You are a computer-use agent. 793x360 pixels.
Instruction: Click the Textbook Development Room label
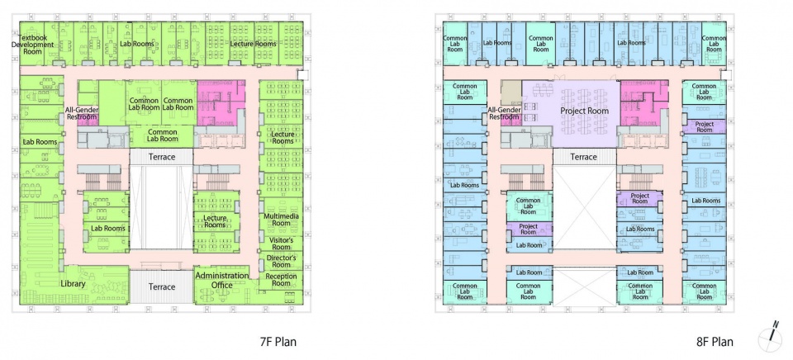coord(36,45)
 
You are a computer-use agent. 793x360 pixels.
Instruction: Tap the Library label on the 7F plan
coord(73,284)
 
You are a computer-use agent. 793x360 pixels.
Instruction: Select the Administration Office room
coord(222,285)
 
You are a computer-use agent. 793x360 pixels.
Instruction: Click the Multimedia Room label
coord(281,220)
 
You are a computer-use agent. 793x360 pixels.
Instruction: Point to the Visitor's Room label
coord(281,244)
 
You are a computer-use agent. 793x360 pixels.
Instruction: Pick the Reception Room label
coord(281,280)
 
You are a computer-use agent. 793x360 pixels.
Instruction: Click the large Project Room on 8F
coord(584,114)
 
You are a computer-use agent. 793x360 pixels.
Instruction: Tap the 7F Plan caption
coord(278,342)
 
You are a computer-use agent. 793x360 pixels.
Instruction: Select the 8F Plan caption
coord(715,342)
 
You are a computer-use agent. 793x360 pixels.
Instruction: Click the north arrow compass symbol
coord(770,337)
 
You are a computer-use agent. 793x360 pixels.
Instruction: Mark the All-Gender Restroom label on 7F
coord(81,113)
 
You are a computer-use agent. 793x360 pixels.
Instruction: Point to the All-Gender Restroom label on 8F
coord(504,113)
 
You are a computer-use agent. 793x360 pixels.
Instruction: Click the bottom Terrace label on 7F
coord(162,287)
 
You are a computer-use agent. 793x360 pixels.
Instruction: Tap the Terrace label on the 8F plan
coord(584,157)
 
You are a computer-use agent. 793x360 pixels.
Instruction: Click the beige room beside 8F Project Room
coord(510,92)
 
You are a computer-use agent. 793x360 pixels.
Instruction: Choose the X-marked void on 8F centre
coord(584,208)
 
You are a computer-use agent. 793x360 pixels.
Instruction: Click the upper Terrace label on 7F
coord(162,157)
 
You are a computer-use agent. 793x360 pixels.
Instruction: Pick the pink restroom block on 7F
coord(221,103)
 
